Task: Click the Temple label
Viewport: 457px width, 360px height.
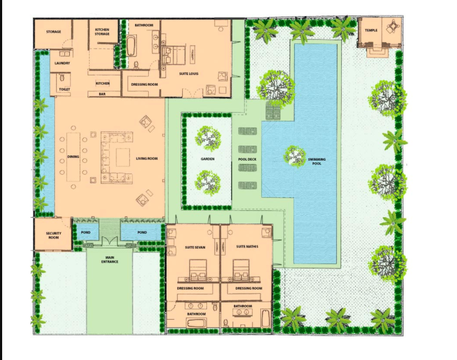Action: (x=371, y=30)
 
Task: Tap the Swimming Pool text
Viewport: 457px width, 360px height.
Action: (x=316, y=161)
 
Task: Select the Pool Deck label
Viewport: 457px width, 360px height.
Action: (x=247, y=159)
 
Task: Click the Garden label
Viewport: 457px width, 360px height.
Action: (x=208, y=159)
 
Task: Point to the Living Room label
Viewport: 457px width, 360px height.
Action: (x=146, y=158)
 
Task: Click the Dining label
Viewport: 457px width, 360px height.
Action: (x=73, y=157)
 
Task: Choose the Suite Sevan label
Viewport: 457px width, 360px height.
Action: (x=195, y=247)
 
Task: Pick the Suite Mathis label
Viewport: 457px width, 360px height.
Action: (x=247, y=246)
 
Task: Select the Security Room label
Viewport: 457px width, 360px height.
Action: (x=53, y=236)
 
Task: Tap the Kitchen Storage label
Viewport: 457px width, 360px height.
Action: (x=102, y=31)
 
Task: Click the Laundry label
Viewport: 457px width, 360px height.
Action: (x=63, y=63)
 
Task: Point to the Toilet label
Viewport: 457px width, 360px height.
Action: (x=64, y=89)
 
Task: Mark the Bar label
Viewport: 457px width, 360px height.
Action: (x=102, y=94)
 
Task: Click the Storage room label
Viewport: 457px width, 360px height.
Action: (x=53, y=32)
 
